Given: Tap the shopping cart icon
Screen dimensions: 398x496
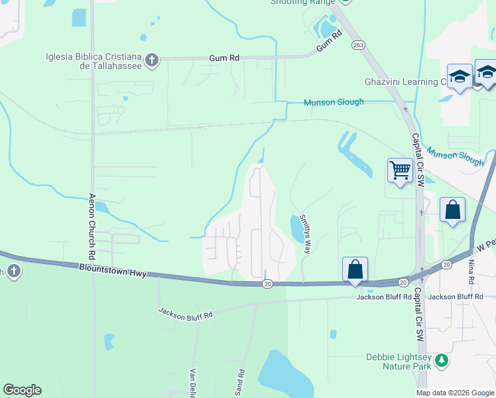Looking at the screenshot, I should point(400,170).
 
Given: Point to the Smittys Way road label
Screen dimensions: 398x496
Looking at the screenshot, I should point(305,233).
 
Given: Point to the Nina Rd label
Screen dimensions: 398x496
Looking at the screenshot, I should point(471,272).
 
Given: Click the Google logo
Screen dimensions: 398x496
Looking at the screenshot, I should point(22,390).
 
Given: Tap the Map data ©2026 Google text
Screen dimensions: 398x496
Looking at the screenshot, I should point(455,393).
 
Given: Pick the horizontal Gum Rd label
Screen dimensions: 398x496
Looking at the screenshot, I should point(224,58).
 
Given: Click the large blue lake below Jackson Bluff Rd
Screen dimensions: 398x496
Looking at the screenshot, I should point(285,375).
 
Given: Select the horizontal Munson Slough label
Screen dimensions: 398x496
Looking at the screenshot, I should point(334,102).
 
